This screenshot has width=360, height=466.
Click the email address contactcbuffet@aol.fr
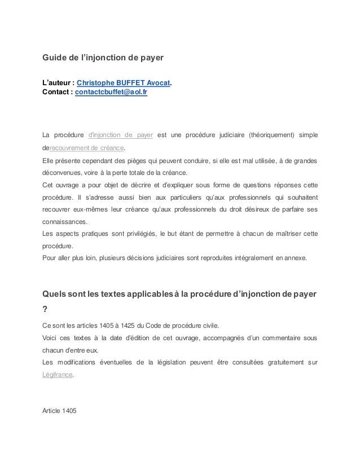coord(112,93)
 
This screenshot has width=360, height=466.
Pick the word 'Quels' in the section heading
coord(56,294)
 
